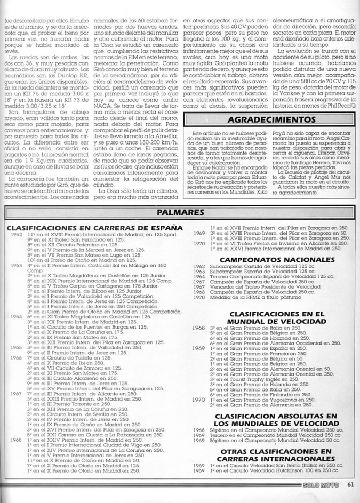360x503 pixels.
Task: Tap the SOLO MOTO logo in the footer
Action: [318, 499]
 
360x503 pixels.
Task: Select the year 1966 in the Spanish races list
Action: [15, 357]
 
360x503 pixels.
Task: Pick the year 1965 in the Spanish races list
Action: [15, 346]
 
